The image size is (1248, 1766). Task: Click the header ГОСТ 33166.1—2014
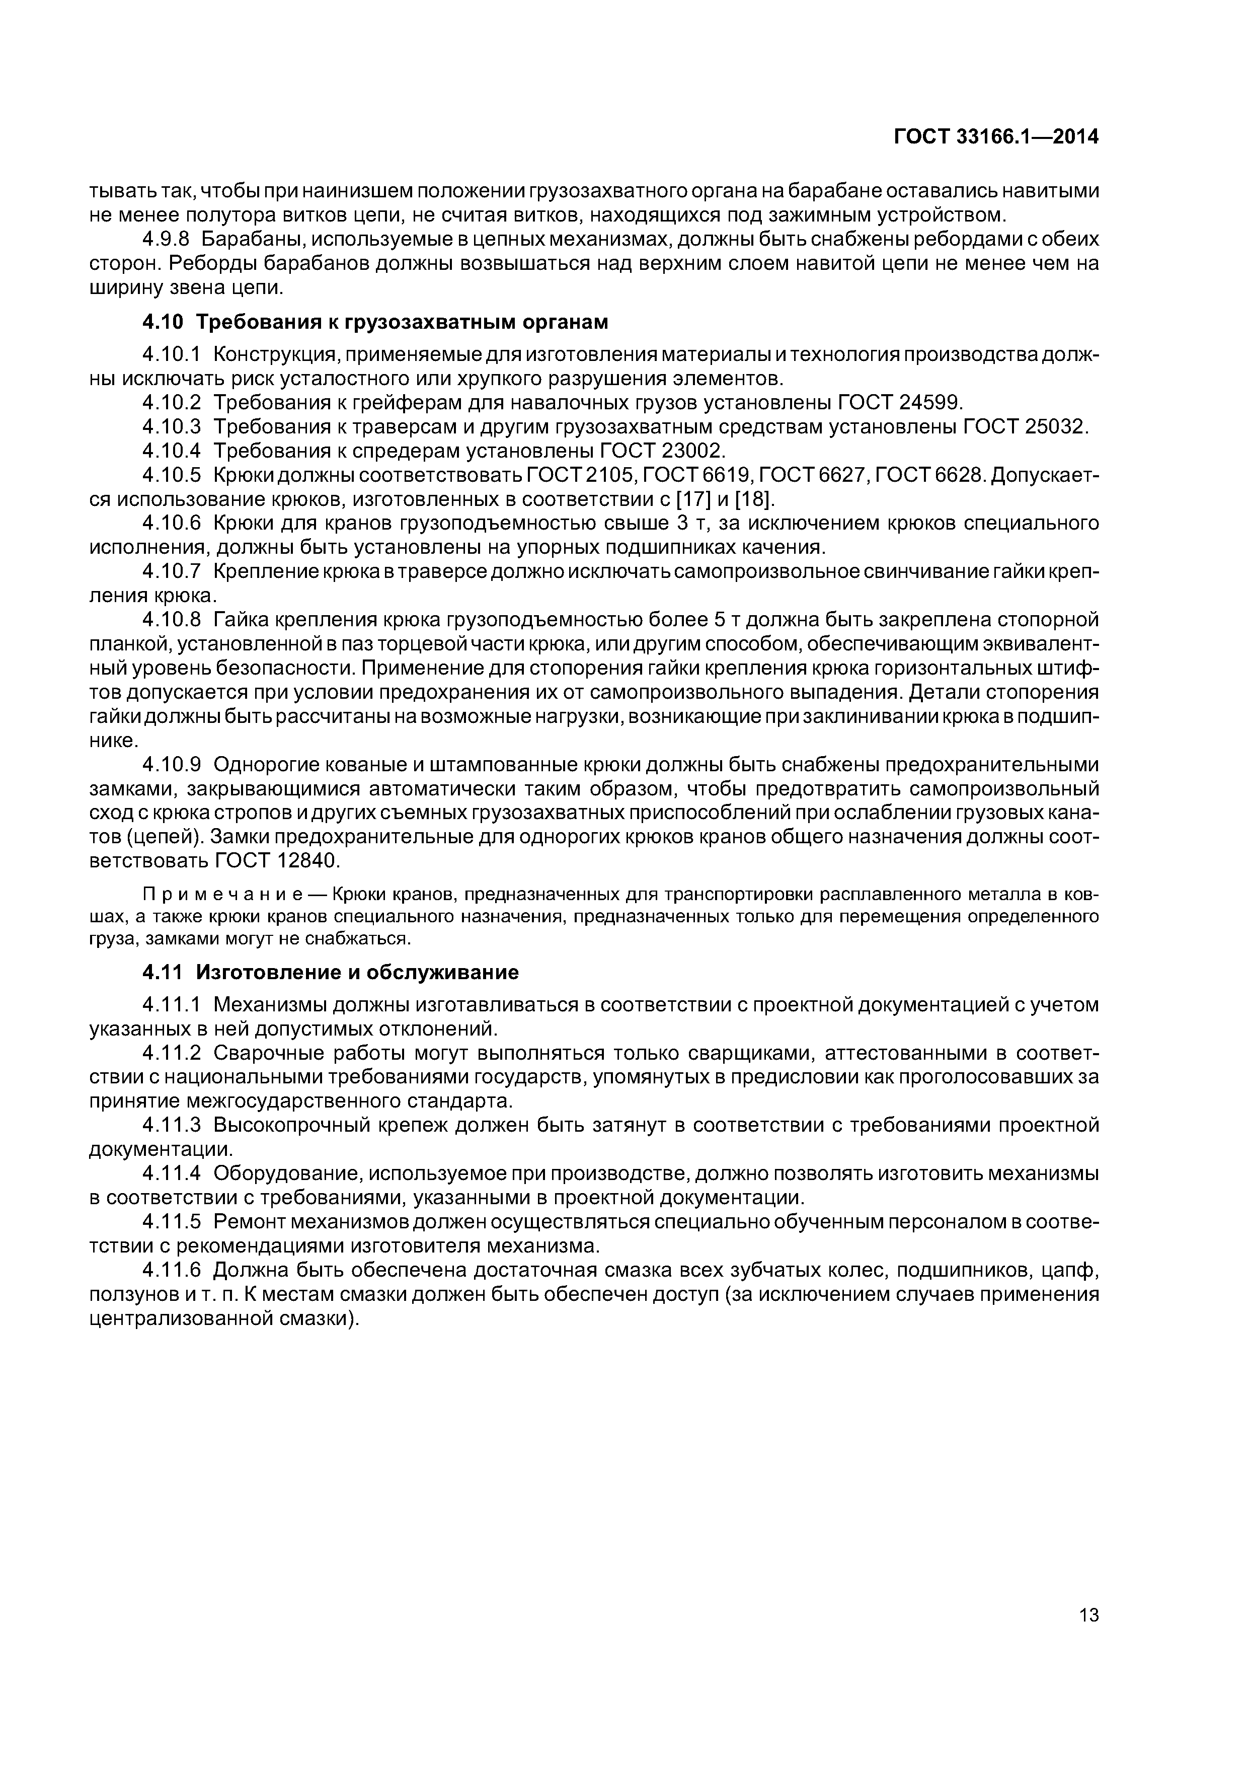[996, 137]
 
